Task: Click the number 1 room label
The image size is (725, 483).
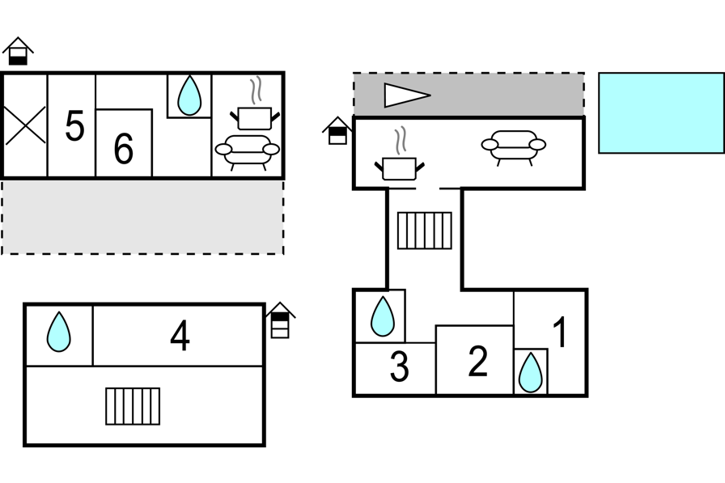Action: [x=559, y=333]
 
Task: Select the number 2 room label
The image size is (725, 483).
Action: [x=478, y=362]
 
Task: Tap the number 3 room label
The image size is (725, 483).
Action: [x=399, y=367]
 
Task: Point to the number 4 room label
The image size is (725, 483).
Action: [x=180, y=336]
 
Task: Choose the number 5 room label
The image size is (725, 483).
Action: [x=74, y=127]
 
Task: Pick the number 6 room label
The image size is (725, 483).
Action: [x=123, y=149]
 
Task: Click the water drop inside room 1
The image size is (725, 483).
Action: [x=530, y=373]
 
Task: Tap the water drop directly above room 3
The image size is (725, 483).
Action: [x=382, y=316]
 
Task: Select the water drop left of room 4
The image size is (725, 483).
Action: [x=58, y=332]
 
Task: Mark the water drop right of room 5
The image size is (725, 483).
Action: [x=189, y=95]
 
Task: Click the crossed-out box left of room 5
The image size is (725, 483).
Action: [x=25, y=125]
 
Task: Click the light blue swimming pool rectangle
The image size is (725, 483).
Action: [x=661, y=112]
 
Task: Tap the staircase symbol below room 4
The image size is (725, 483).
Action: [x=133, y=406]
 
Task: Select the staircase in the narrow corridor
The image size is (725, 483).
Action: [x=424, y=230]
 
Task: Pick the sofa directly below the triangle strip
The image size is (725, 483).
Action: [x=513, y=146]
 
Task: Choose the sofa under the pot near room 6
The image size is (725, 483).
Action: [x=247, y=150]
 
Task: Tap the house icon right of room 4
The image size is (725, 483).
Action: [x=280, y=320]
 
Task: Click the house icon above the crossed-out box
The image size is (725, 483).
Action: [x=18, y=51]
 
